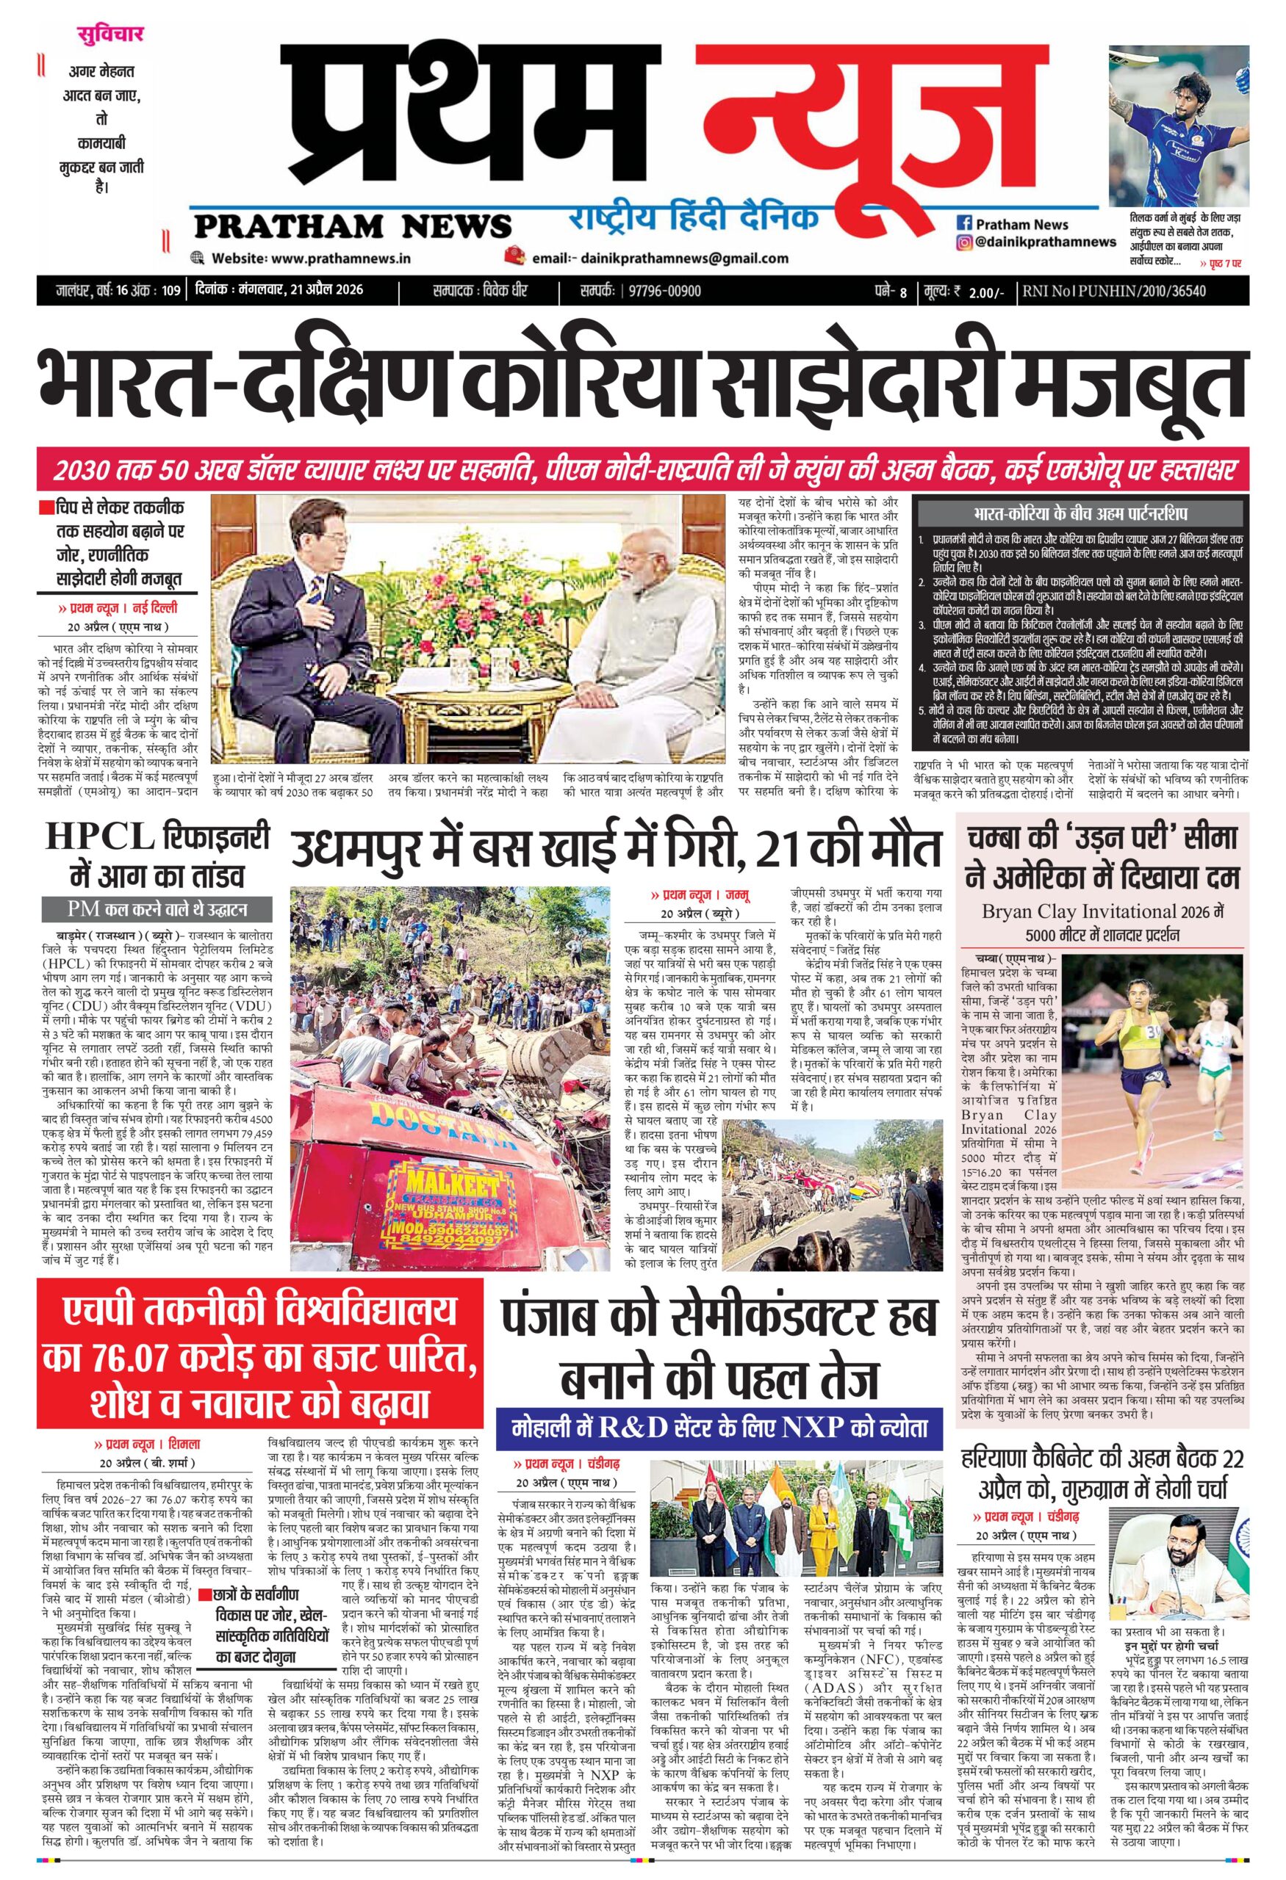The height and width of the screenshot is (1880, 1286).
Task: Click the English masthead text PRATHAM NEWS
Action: tap(351, 224)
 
